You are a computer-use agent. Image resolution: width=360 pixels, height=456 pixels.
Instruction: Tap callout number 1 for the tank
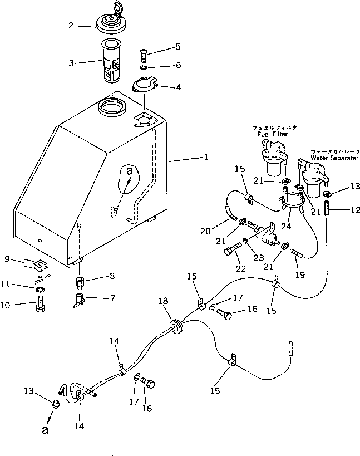pos(205,158)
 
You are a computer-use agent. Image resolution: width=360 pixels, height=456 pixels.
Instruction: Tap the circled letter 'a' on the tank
pos(129,172)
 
